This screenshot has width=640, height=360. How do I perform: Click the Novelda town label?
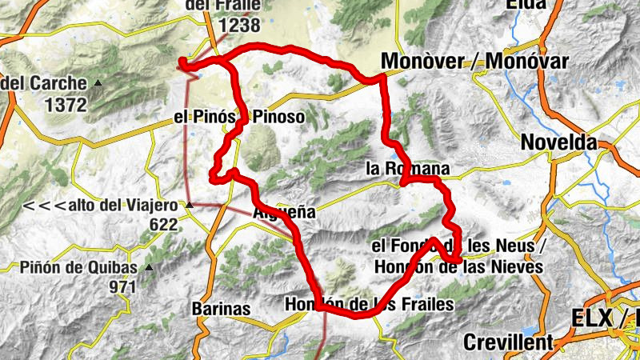[x=558, y=142]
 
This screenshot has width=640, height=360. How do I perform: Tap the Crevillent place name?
[x=508, y=342]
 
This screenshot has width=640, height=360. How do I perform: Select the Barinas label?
[x=222, y=309]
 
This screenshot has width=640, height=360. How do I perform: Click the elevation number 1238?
[x=233, y=26]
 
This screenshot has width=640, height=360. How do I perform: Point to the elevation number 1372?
[x=66, y=103]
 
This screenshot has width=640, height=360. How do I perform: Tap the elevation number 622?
[x=163, y=225]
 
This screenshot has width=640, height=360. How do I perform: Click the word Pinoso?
[x=278, y=117]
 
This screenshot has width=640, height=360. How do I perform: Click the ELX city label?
[x=595, y=318]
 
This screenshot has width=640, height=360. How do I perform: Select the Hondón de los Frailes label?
[x=369, y=304]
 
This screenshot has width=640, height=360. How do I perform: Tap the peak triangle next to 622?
[x=190, y=206]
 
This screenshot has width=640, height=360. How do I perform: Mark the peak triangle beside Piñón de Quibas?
[x=147, y=268]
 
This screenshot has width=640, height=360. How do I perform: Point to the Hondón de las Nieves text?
[x=458, y=266]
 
